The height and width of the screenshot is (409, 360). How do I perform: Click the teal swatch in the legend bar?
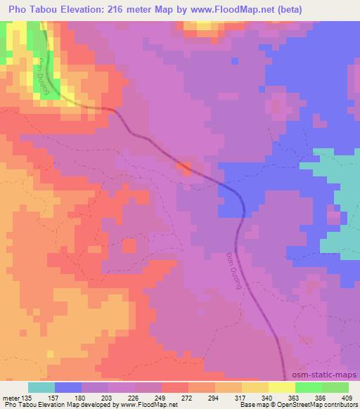click(41, 387)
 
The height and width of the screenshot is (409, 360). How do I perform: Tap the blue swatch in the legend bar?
click(68, 387)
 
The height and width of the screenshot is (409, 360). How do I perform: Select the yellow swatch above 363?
click(282, 387)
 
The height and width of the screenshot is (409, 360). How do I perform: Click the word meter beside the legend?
click(10, 397)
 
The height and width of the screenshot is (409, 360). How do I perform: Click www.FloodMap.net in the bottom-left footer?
click(148, 405)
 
